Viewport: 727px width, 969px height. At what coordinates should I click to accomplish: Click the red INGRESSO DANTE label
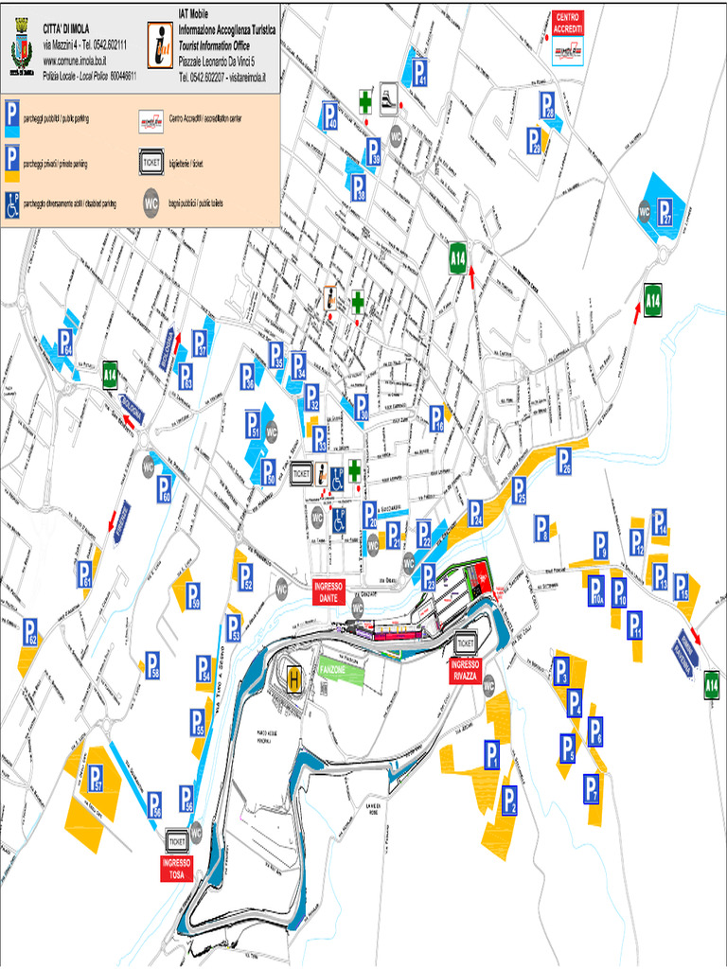(x=328, y=591)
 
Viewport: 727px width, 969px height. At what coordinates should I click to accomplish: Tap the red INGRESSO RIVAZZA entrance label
(x=466, y=670)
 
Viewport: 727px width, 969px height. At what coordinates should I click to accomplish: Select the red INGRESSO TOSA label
(x=176, y=868)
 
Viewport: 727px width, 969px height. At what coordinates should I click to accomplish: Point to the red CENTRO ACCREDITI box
(x=568, y=22)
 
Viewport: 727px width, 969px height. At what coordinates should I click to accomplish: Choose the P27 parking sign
(x=669, y=212)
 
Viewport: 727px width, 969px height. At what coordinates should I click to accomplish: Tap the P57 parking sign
(x=96, y=778)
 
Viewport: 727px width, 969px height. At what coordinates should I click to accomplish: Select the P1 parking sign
(x=491, y=753)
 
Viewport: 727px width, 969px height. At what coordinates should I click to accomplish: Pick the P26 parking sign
(x=564, y=460)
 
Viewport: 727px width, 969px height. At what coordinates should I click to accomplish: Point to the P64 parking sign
(x=65, y=342)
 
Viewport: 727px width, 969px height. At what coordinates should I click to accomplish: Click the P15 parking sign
(x=681, y=587)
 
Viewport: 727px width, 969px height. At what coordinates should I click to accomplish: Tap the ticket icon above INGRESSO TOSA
(x=176, y=840)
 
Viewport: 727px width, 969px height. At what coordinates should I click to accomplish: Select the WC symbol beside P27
(x=646, y=211)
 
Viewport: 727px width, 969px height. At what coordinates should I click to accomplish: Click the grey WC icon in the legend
(x=151, y=202)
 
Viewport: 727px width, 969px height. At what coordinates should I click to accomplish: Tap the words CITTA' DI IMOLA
(x=66, y=31)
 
